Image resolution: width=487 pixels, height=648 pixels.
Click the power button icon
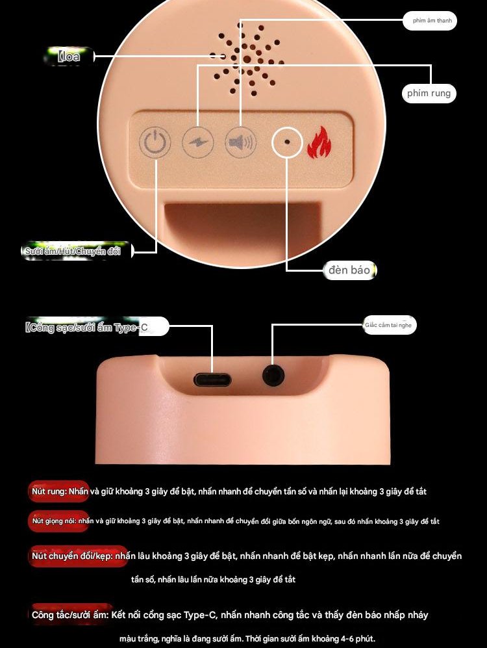(155, 142)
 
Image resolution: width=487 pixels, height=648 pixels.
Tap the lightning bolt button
(197, 142)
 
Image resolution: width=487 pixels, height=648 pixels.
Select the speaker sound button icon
(240, 142)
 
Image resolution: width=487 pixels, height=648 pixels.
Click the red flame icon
(318, 142)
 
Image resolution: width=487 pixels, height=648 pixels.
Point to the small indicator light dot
(286, 141)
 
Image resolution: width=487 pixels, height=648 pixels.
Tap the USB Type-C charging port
(212, 379)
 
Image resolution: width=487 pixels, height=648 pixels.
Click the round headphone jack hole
(272, 376)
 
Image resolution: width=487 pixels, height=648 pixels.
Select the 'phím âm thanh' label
(430, 21)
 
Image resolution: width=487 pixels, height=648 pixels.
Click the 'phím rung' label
(429, 94)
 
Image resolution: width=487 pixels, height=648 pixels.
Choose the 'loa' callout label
(69, 57)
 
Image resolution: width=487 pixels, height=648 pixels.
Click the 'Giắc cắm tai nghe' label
(388, 325)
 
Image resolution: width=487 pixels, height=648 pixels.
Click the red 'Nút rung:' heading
(58, 491)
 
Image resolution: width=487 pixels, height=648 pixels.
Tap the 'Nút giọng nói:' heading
(59, 521)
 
